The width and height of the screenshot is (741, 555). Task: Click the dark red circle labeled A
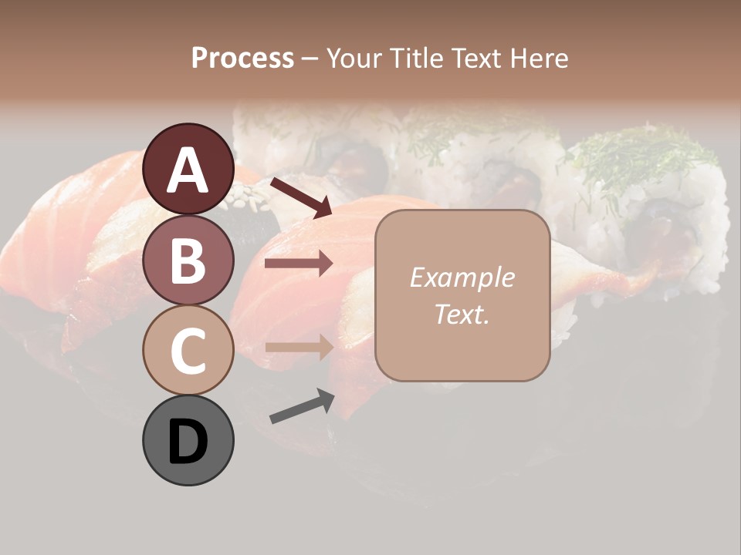pyautogui.click(x=188, y=169)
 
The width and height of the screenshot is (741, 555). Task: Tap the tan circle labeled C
pyautogui.click(x=188, y=350)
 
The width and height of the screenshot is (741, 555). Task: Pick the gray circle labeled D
pyautogui.click(x=188, y=440)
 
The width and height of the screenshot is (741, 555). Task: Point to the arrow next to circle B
pyautogui.click(x=299, y=264)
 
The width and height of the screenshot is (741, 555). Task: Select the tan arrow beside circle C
pyautogui.click(x=299, y=346)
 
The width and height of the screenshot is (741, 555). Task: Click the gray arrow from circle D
pyautogui.click(x=301, y=406)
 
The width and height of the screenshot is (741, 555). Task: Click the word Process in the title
pyautogui.click(x=242, y=58)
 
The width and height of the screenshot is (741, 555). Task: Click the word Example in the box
pyautogui.click(x=462, y=277)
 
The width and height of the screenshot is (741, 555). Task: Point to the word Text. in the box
pyautogui.click(x=462, y=314)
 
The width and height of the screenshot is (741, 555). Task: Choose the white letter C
pyautogui.click(x=188, y=351)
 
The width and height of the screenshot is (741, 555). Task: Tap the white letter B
pyautogui.click(x=188, y=261)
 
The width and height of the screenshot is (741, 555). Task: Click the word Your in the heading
pyautogui.click(x=355, y=58)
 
